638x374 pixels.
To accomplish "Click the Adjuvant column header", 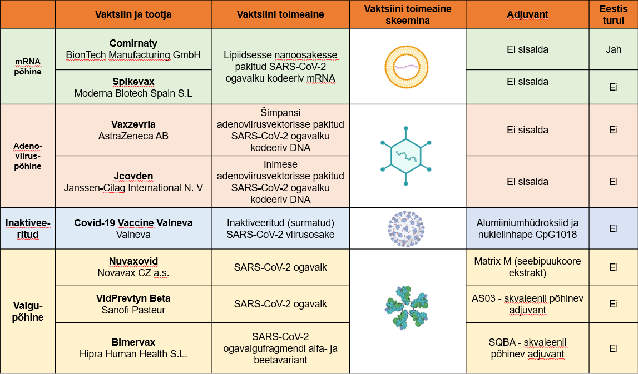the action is tap(527, 14).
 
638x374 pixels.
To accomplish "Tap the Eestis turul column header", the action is tap(614, 14).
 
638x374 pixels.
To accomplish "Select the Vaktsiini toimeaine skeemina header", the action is tap(408, 14).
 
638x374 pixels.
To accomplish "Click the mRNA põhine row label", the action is tap(28, 67).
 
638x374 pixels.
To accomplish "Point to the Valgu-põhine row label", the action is tap(28, 311).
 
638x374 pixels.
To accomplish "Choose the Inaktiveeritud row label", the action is tap(28, 228).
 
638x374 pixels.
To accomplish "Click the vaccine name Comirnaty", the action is tap(133, 43).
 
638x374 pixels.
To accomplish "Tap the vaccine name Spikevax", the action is tap(133, 82).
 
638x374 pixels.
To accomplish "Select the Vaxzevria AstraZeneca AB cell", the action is tap(133, 130).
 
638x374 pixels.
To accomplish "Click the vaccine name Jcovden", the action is tap(133, 176).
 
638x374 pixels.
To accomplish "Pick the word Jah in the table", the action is tap(614, 49).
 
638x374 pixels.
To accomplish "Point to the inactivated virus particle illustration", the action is tap(406, 229).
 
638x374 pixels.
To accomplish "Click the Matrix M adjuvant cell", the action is tap(528, 267).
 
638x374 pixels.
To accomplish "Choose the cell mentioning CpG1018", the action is tap(528, 228).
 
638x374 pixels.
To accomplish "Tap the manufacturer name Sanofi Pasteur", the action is tap(133, 310).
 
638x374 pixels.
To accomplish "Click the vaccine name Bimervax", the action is tap(133, 342).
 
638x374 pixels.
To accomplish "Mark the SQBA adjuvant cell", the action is tap(528, 348).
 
